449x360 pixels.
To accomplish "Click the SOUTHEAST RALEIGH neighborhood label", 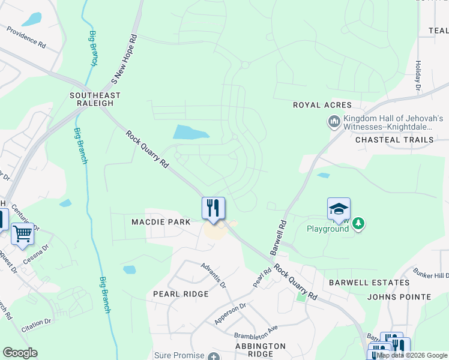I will point(95,99).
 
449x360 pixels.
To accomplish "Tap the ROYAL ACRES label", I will point(322,105).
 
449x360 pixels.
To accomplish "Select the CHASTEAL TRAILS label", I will point(394,140).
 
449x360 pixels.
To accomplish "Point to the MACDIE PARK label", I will point(161,222).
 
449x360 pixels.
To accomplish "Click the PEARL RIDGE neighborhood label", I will point(181,294).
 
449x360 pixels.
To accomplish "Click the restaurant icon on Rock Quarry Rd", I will point(213,208).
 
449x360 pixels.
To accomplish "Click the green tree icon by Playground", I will point(358,224).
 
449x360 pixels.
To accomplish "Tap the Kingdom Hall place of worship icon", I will point(334,122).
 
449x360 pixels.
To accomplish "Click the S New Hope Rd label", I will point(125,59).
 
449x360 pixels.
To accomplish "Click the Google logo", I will point(20,353).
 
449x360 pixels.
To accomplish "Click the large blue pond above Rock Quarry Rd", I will point(191,132).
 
